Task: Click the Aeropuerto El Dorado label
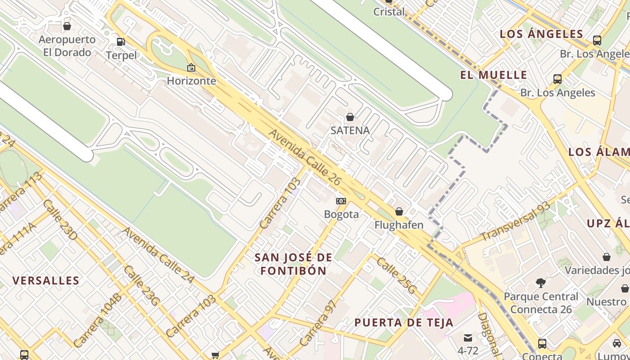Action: point(67,46)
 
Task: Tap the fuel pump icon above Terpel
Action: point(121,42)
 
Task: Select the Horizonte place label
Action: point(191,81)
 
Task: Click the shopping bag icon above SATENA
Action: point(350,117)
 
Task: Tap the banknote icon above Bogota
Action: point(341,201)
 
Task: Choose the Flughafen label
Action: point(399,225)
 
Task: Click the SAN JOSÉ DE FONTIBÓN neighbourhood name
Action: point(293,264)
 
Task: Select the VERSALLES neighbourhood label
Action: point(46,281)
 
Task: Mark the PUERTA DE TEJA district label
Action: point(404,323)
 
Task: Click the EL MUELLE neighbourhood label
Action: point(493,75)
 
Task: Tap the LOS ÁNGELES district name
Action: point(541,34)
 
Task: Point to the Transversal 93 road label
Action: point(515,221)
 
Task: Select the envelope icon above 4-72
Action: point(468,337)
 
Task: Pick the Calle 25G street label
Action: point(396,275)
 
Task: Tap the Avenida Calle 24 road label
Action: point(158,255)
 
